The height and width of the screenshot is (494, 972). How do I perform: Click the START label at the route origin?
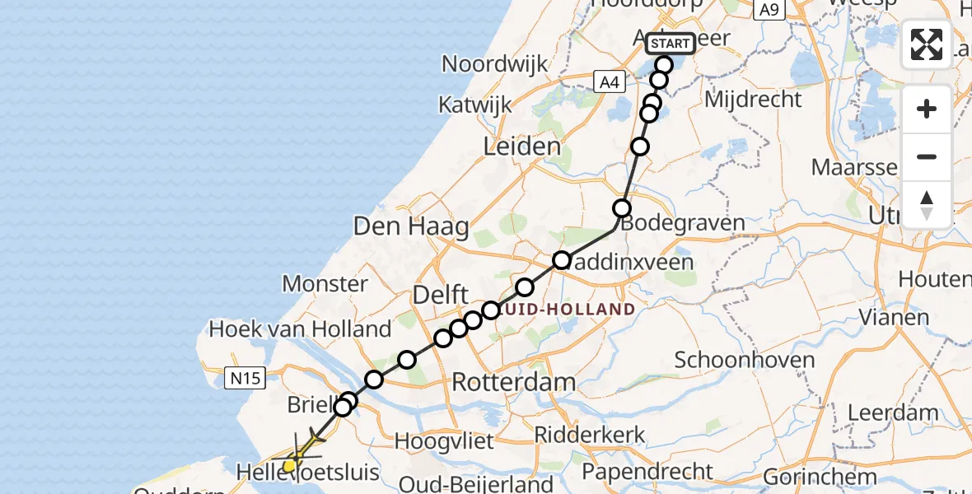coord(671,43)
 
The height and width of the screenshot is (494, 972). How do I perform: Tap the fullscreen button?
coord(927,44)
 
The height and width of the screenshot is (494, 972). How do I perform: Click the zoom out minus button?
coord(927,156)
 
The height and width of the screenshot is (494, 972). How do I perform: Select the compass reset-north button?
coord(927,204)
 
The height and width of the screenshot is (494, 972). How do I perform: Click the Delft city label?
coord(442,295)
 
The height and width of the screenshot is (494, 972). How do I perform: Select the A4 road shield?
coord(608,82)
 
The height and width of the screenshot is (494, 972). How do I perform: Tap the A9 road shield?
coord(769,9)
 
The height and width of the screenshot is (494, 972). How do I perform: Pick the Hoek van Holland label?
coord(300,329)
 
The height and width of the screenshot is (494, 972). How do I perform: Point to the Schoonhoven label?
coord(745,360)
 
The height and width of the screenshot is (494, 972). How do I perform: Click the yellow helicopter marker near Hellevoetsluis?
coord(289,466)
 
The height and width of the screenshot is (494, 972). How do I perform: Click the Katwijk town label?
coord(474,105)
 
